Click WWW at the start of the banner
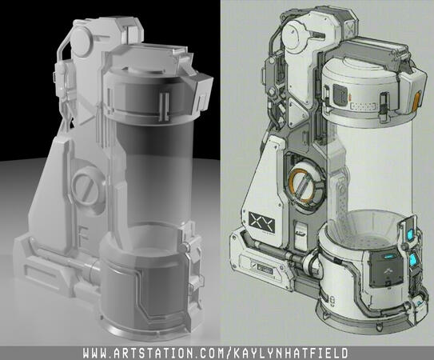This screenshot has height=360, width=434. pos(97,352)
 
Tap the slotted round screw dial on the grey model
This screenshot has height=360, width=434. pos(85,190)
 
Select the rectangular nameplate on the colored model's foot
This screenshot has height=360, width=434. pos(264,268)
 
